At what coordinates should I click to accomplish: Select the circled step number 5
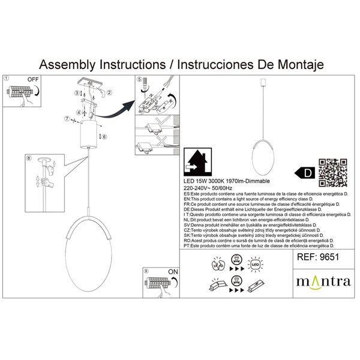pyautogui.click(x=139, y=79)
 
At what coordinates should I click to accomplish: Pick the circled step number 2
pyautogui.click(x=109, y=94)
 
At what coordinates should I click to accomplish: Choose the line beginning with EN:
pyautogui.click(x=264, y=199)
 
